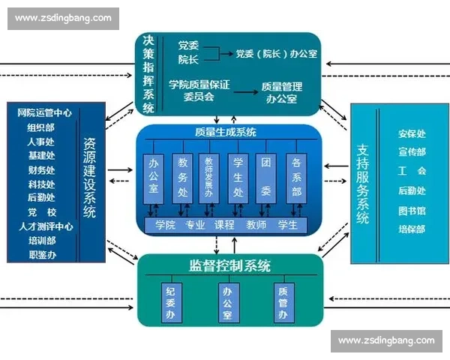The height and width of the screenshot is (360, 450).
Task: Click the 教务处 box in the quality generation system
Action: pos(182,178)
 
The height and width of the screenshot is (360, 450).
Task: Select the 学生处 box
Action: pos(238,178)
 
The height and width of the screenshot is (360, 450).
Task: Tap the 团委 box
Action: pos(266,178)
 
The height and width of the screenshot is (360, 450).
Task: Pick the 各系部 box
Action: pos(296,178)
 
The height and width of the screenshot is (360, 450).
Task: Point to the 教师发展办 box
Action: pos(210,178)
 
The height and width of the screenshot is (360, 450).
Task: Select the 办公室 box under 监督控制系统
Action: pos(226,301)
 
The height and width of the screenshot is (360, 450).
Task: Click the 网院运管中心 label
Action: pos(44,112)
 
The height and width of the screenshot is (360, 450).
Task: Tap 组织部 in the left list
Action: pos(41,127)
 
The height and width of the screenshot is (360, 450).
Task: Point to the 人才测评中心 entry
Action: pos(46,226)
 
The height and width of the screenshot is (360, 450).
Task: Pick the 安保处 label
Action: pos(412,134)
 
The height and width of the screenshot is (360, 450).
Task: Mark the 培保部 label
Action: pos(412,229)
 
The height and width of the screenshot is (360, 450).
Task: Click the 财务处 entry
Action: pos(41,169)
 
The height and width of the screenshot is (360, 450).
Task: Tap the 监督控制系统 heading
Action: pos(230,266)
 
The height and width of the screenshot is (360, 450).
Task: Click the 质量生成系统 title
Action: pos(225,132)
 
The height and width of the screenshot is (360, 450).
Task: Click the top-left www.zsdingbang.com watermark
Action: pos(62,18)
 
